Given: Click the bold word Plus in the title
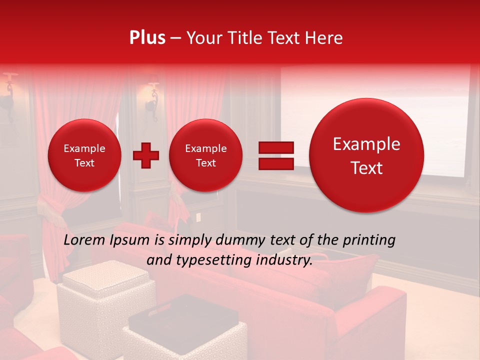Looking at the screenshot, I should tap(147, 38).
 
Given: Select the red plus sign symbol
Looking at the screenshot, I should tap(145, 155).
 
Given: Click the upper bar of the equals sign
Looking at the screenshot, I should tap(276, 147).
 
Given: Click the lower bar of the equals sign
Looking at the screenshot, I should tap(276, 164).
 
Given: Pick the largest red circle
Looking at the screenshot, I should tap(366, 155).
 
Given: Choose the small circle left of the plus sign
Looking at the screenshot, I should tap(84, 155).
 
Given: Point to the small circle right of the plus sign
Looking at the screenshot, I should tap(206, 155).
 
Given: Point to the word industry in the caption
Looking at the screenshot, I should tap(283, 260).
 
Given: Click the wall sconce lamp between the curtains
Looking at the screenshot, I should tap(152, 97).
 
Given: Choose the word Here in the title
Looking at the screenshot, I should tap(325, 38).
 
